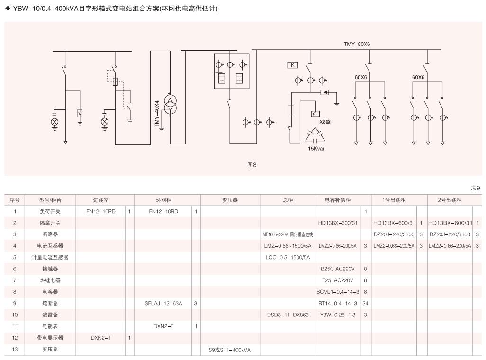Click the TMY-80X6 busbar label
pos(357,44)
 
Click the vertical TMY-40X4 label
pos(157,114)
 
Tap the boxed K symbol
pos(293,65)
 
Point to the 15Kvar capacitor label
pos(316,149)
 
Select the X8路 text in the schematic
pos(325,122)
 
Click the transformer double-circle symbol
pos(170,105)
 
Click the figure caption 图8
pos(252,165)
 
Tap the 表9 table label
pos(475,188)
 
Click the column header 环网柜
pos(163,200)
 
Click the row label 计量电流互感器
pos(53,257)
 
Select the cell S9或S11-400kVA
pos(229,350)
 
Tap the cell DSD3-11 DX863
pos(288,315)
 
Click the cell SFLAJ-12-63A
pos(163,303)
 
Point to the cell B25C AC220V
pos(338,269)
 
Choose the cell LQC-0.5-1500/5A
pos(288,257)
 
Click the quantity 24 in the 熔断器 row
pos(365,303)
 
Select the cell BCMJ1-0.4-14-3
pos(338,292)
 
